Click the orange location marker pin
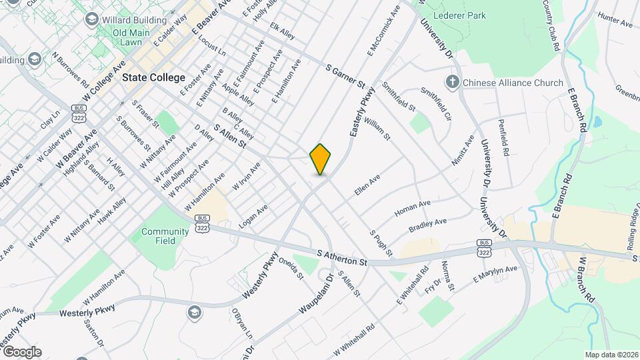(321, 159)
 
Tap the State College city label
(154, 77)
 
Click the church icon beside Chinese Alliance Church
(453, 83)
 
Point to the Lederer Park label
(459, 15)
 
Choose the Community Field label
(158, 236)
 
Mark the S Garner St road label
(346, 77)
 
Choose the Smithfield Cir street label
(436, 104)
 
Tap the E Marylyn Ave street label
(495, 273)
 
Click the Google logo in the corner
(22, 352)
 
